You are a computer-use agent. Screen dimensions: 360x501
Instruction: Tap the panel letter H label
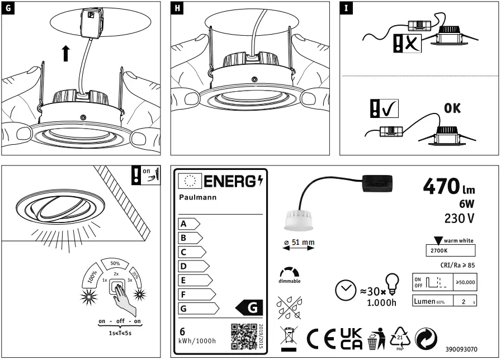(x=178, y=9)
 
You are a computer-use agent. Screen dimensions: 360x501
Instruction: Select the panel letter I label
(x=347, y=9)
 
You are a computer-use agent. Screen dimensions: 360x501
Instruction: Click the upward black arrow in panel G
(x=66, y=54)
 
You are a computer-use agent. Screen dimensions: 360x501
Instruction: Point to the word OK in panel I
(x=452, y=108)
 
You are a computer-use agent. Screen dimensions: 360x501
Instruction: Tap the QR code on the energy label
(x=243, y=336)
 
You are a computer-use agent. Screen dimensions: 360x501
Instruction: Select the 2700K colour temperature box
(x=450, y=250)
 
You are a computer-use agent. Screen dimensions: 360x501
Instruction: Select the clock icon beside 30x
(x=344, y=290)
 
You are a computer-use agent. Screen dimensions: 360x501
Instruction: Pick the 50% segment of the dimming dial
(x=115, y=263)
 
